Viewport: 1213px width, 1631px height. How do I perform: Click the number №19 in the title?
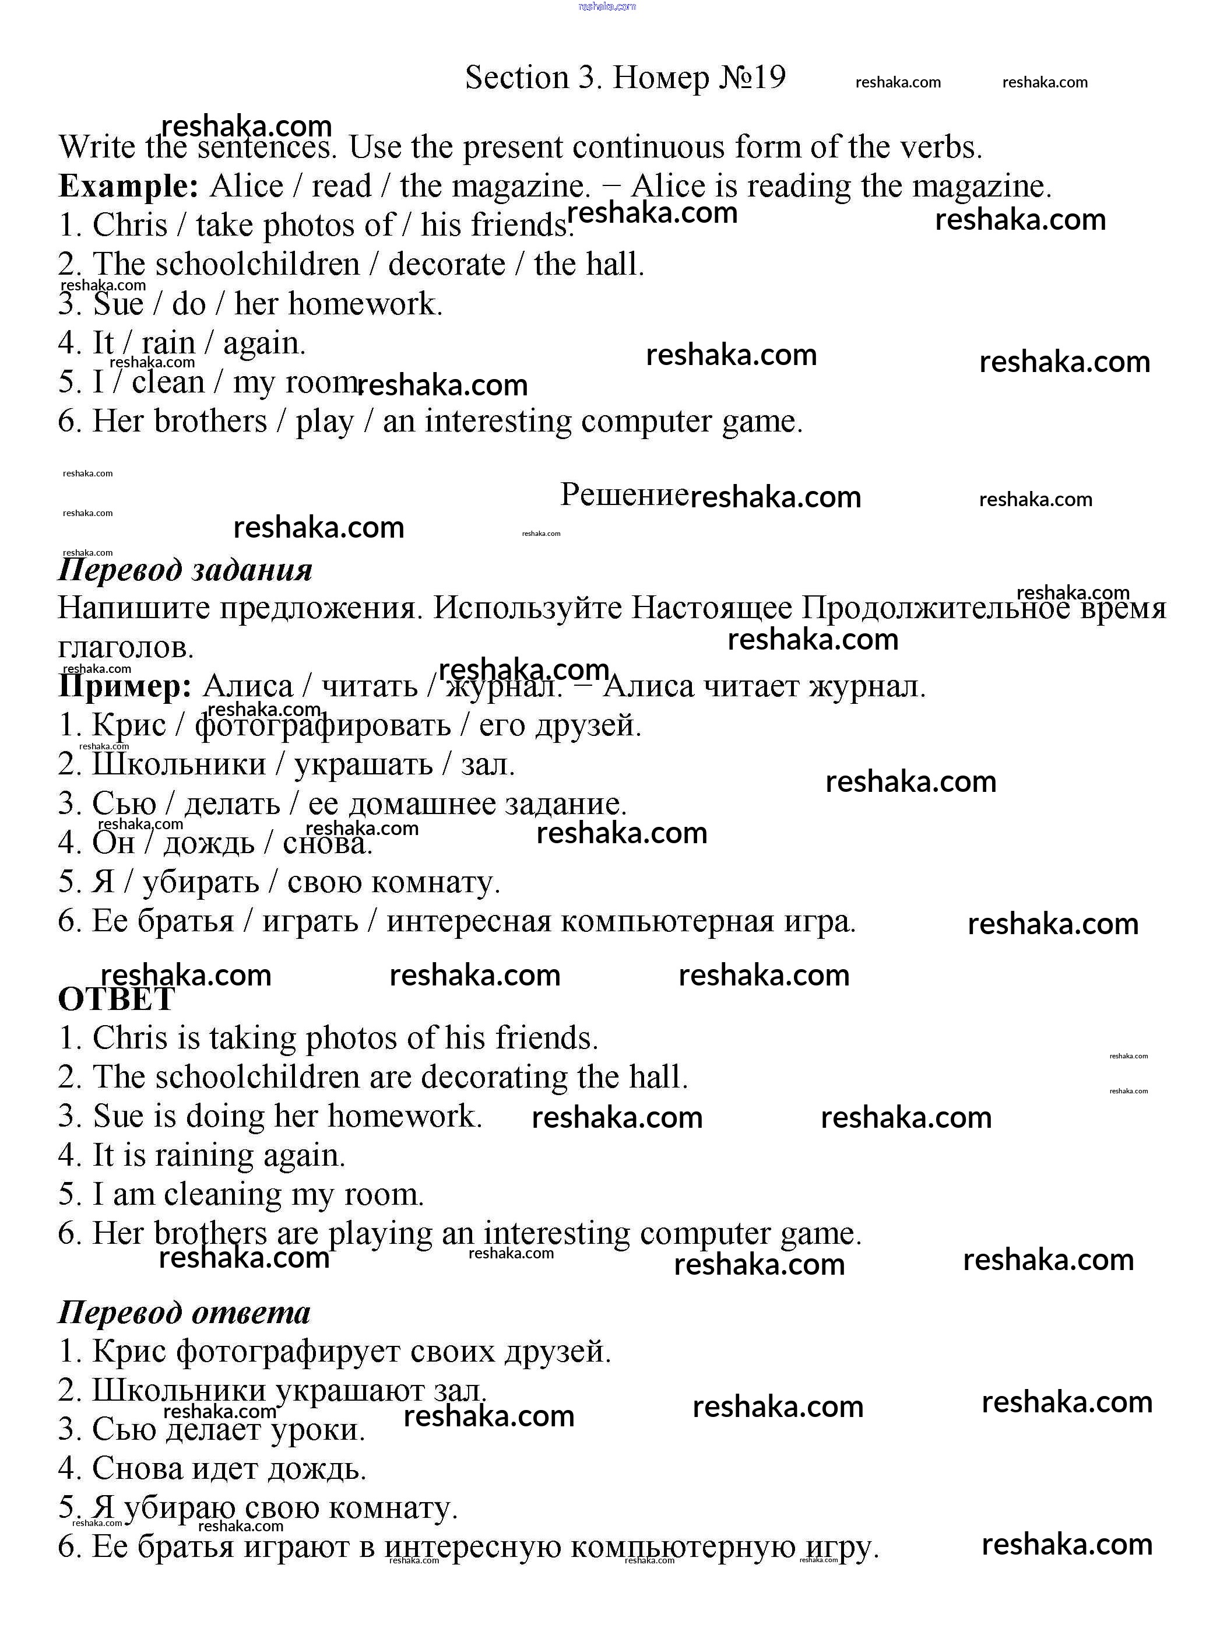(751, 77)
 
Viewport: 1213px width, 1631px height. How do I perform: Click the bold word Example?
(128, 186)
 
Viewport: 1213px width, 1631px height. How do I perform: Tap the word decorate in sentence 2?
(446, 264)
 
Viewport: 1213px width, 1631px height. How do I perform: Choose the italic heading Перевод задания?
(185, 570)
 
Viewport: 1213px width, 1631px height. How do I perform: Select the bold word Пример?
(125, 686)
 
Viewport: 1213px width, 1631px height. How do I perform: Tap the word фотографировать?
(323, 725)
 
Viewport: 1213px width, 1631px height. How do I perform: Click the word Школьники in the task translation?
(178, 764)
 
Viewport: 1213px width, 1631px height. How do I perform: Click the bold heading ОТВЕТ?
(116, 999)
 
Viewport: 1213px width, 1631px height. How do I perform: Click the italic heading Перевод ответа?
(184, 1312)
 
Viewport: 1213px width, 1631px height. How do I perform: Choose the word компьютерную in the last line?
(683, 1546)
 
